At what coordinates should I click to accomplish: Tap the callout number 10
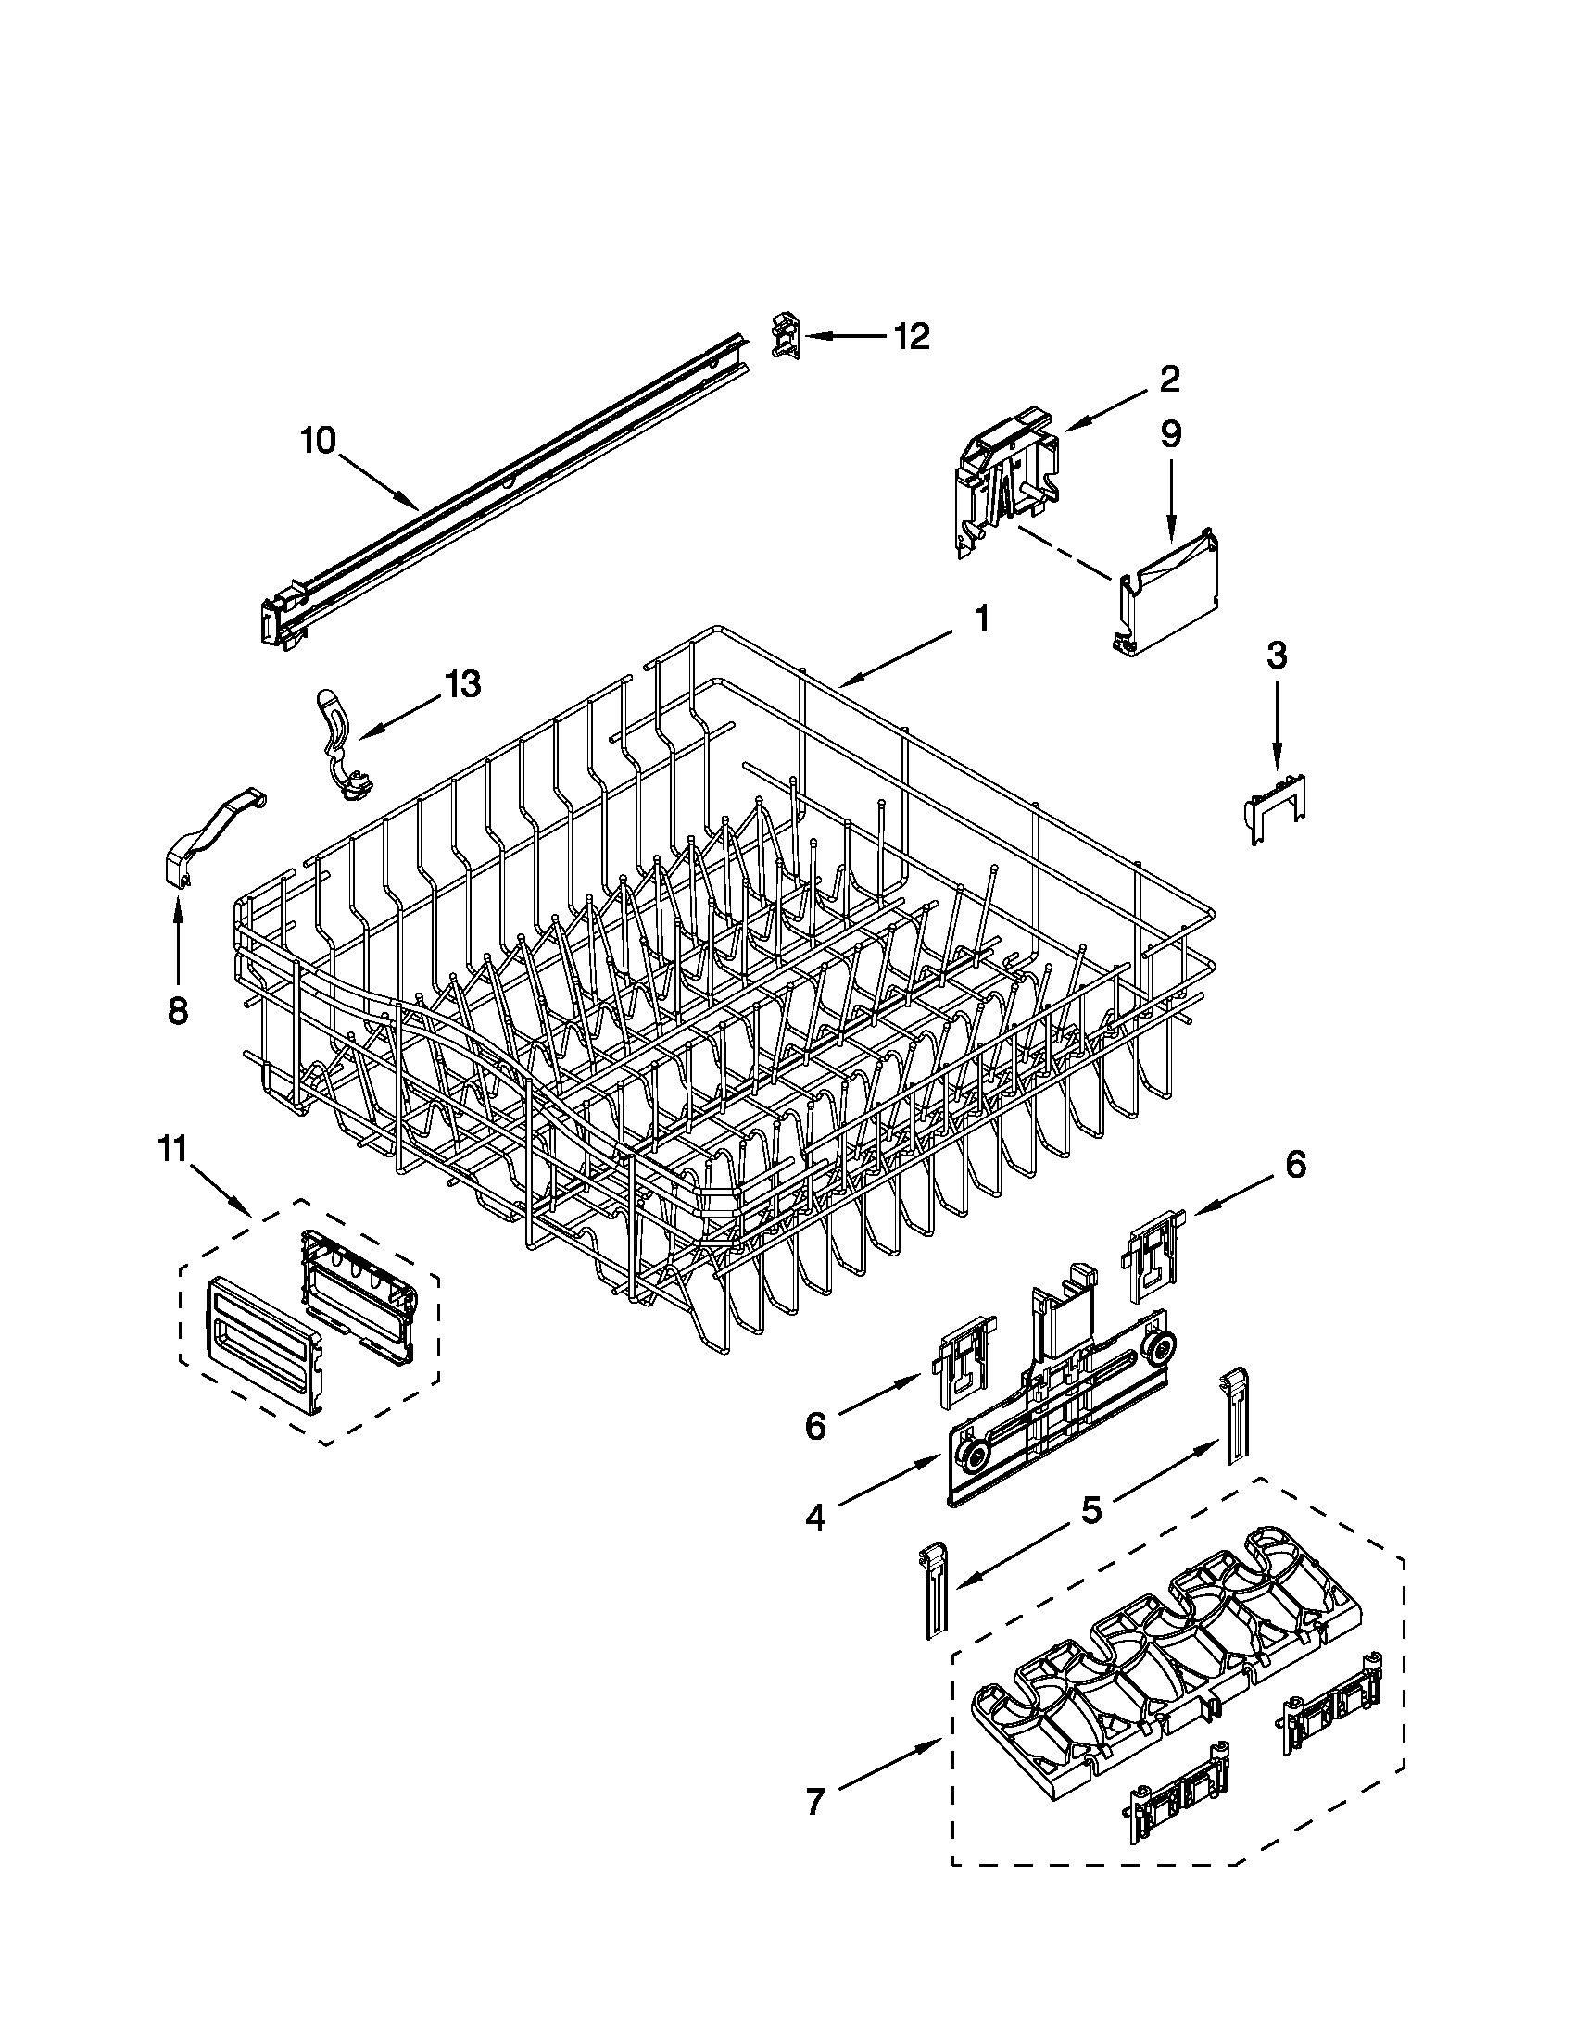click(318, 440)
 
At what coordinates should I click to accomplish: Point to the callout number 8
click(177, 1010)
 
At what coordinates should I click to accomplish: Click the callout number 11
click(172, 1150)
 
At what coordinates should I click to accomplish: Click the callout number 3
click(1277, 655)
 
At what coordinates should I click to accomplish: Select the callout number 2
click(1169, 378)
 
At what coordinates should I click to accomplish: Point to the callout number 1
click(980, 618)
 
